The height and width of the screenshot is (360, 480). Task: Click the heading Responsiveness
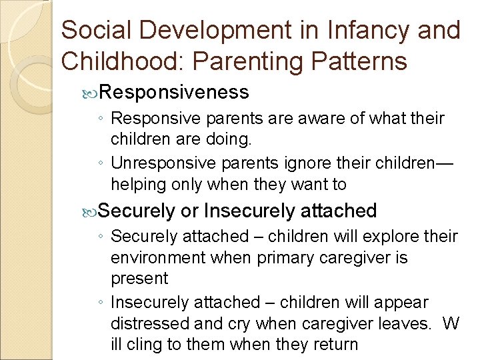click(x=175, y=91)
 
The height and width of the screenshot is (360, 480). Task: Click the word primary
click(x=289, y=257)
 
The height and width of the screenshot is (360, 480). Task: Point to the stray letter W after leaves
click(x=451, y=325)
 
